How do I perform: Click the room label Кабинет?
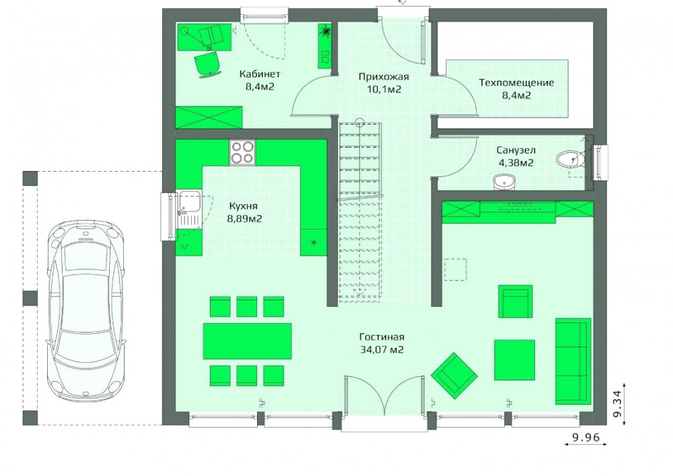point(260,74)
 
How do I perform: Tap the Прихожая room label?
point(384,77)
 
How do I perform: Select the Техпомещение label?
point(516,82)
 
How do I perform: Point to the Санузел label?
point(516,150)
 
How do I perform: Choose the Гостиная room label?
point(382,337)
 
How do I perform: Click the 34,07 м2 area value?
point(382,349)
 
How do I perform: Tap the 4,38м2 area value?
point(516,163)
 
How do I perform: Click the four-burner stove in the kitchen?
point(242,152)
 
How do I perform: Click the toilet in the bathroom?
point(571,160)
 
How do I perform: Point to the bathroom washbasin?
point(504,182)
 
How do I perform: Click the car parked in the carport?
point(86,310)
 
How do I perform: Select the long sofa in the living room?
point(573,361)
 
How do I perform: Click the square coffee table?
point(514,360)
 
